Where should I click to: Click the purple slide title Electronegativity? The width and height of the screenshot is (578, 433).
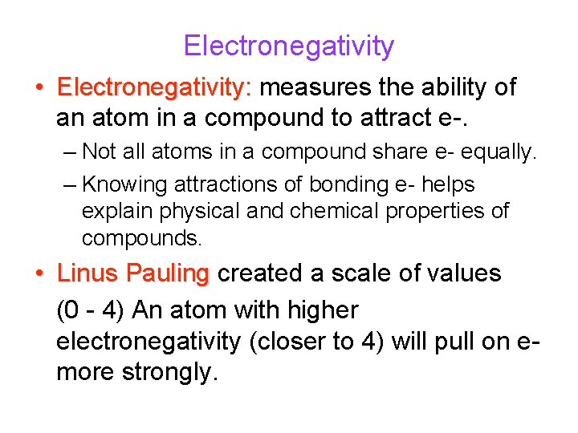288,47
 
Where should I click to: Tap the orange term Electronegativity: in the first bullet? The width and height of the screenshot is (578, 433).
155,87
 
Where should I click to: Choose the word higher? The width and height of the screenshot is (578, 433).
320,309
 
